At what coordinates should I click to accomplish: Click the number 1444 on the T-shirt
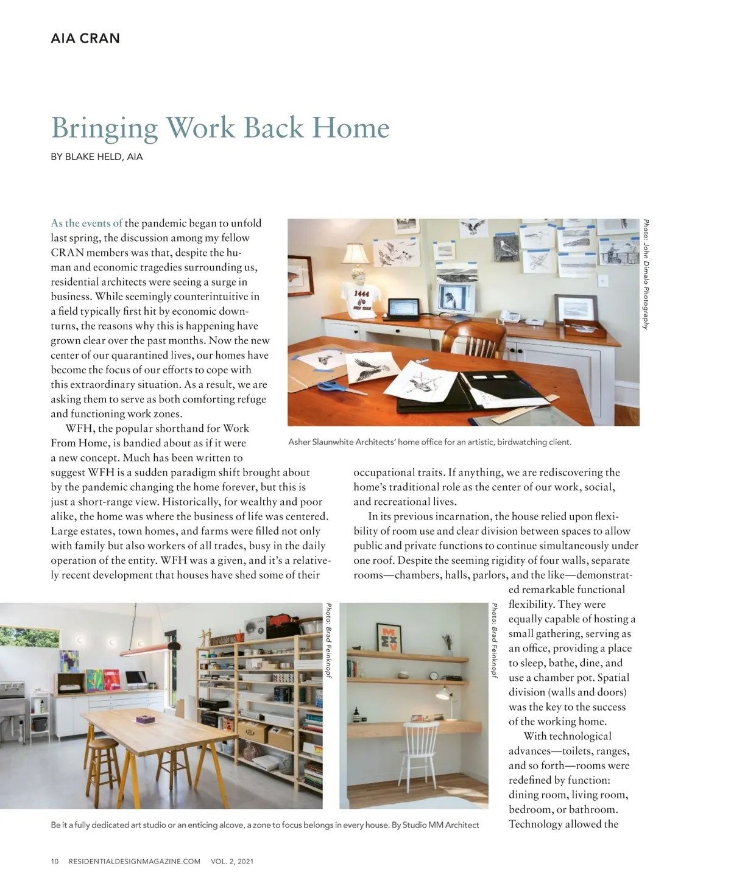362,294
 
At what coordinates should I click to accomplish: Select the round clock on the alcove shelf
434,675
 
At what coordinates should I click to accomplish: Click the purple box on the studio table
145,720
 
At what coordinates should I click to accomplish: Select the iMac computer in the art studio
136,680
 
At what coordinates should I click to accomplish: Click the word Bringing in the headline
104,128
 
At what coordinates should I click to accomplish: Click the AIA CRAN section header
85,38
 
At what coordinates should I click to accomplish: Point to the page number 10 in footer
55,861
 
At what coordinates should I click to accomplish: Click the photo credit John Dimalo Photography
646,274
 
